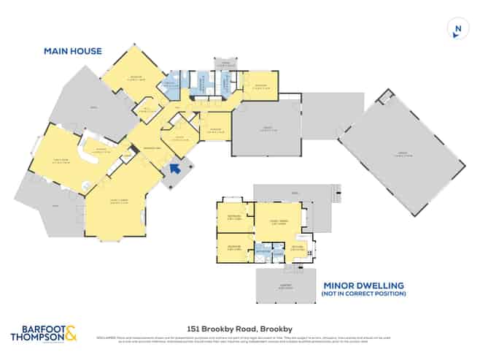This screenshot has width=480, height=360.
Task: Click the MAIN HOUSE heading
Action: pos(73,51)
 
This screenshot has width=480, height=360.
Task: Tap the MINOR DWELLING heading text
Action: pos(363,286)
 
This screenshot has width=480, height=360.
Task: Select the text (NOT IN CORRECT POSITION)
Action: pos(363,294)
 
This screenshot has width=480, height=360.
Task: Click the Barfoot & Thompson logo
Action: pos(43,334)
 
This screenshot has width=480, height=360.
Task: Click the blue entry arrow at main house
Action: pos(174,169)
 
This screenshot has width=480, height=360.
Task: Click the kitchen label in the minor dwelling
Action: pos(298,247)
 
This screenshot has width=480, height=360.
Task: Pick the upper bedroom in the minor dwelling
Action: pos(235,218)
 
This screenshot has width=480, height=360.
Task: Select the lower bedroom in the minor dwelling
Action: pos(234,247)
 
